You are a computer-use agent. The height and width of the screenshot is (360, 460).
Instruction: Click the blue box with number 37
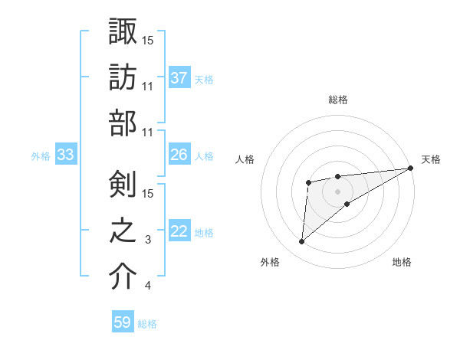[179, 77]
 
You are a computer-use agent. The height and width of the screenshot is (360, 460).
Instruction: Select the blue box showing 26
[179, 155]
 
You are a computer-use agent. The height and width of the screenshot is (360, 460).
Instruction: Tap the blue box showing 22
[179, 231]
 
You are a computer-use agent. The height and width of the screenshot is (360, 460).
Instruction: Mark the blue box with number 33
[65, 155]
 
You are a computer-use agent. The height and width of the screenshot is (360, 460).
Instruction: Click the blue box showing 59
[123, 322]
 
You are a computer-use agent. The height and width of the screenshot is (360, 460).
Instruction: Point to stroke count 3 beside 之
[147, 241]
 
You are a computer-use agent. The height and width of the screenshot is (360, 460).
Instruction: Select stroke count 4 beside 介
[147, 286]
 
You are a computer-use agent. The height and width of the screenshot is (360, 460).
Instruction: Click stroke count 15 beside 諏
[148, 40]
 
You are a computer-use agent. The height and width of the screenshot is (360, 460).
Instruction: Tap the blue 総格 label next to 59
[147, 324]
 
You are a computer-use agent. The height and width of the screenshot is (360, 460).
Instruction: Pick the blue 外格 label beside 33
[41, 156]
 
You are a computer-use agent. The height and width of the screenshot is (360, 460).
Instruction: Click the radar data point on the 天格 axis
[411, 169]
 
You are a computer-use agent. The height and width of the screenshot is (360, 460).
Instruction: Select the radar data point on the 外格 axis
[301, 242]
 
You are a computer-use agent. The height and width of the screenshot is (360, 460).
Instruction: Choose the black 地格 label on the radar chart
[402, 263]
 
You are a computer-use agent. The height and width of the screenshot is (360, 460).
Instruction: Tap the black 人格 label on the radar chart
[245, 159]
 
